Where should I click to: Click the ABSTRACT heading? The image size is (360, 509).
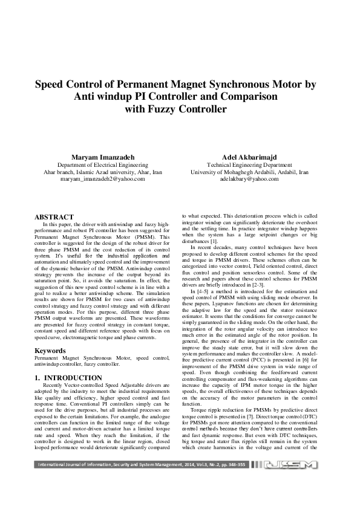[54, 217]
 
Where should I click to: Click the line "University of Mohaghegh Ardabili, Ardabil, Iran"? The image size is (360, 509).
[249, 172]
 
